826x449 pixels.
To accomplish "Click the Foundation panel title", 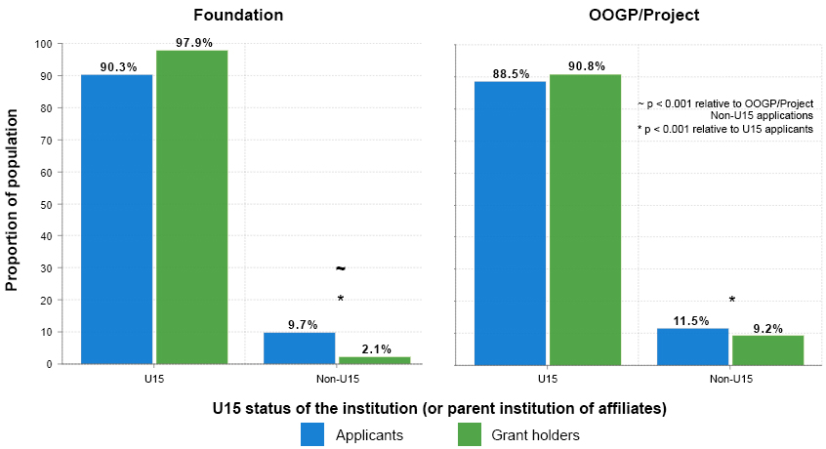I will point(238,16).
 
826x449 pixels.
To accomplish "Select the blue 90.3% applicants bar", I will point(116,219).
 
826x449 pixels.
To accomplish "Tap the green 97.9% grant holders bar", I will point(191,207).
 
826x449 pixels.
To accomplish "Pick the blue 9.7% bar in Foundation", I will point(299,347).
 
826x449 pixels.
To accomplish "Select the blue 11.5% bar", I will point(692,346).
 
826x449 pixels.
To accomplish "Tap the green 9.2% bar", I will point(767,349).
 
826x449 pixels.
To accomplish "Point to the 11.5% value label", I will point(692,321).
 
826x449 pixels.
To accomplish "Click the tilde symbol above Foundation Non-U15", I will point(341,268).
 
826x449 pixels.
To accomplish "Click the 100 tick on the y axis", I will point(44,44).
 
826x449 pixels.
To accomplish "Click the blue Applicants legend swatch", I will point(312,435).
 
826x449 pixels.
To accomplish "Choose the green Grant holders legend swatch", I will point(470,435).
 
